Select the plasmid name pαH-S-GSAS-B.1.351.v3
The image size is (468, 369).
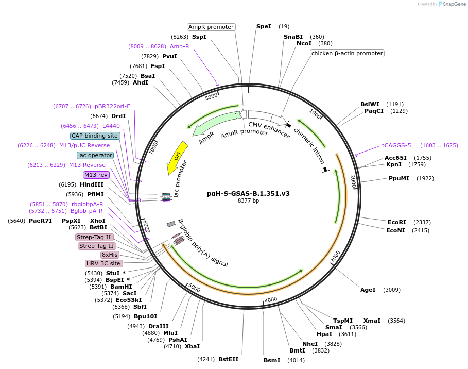tap(248, 194)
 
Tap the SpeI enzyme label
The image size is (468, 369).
tap(264, 26)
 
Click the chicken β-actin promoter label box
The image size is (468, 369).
tap(347, 53)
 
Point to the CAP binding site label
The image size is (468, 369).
tap(95, 136)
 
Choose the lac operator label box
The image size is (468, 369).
tap(95, 155)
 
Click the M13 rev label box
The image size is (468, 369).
tap(96, 175)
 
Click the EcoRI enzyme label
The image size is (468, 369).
tap(397, 222)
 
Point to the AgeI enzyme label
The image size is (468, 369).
tap(368, 290)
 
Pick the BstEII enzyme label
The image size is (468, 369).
tap(228, 359)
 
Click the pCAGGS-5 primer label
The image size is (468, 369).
tap(396, 145)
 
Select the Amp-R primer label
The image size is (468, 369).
tap(180, 46)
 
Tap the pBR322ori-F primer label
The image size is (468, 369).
tap(112, 106)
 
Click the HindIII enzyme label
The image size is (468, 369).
tap(92, 184)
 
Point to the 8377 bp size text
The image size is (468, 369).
tap(248, 201)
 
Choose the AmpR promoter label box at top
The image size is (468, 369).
tap(211, 27)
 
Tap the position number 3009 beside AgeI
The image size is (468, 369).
tap(392, 290)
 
